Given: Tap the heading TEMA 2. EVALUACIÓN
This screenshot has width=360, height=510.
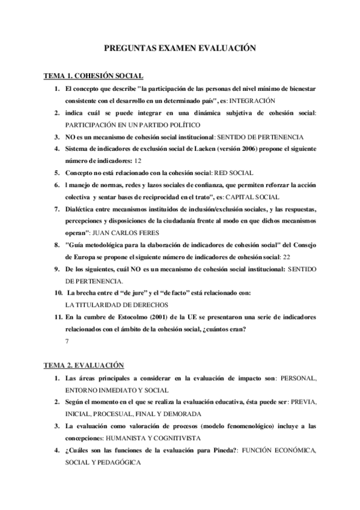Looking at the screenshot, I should (x=84, y=365).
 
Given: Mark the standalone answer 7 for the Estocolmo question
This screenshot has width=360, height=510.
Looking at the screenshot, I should (x=67, y=341).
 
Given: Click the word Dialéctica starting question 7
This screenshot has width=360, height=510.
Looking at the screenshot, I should (x=85, y=209).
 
